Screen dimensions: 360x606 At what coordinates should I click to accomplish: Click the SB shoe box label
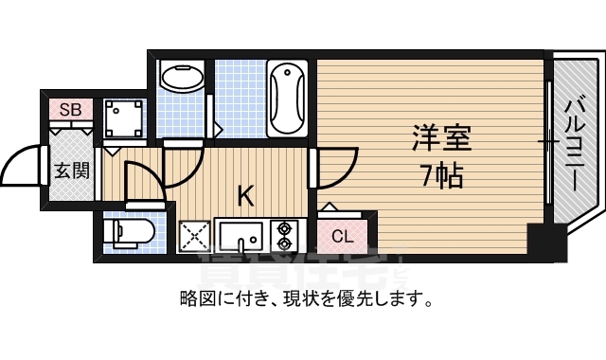coord(70,110)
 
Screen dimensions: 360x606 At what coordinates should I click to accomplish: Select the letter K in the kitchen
coord(244,196)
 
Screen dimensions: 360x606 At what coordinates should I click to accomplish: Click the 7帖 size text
coord(441,175)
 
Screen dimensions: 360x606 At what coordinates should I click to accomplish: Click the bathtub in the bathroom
coord(286,99)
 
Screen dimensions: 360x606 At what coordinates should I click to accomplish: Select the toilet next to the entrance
coord(127,234)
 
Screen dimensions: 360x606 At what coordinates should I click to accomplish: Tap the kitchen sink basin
coord(242,233)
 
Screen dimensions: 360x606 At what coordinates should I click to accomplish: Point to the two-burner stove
coord(284,233)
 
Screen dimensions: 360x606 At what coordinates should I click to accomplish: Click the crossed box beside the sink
coord(194,234)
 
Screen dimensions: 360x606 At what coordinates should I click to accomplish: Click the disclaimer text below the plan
coord(306,300)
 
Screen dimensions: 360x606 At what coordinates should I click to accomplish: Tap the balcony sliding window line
coord(550,142)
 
